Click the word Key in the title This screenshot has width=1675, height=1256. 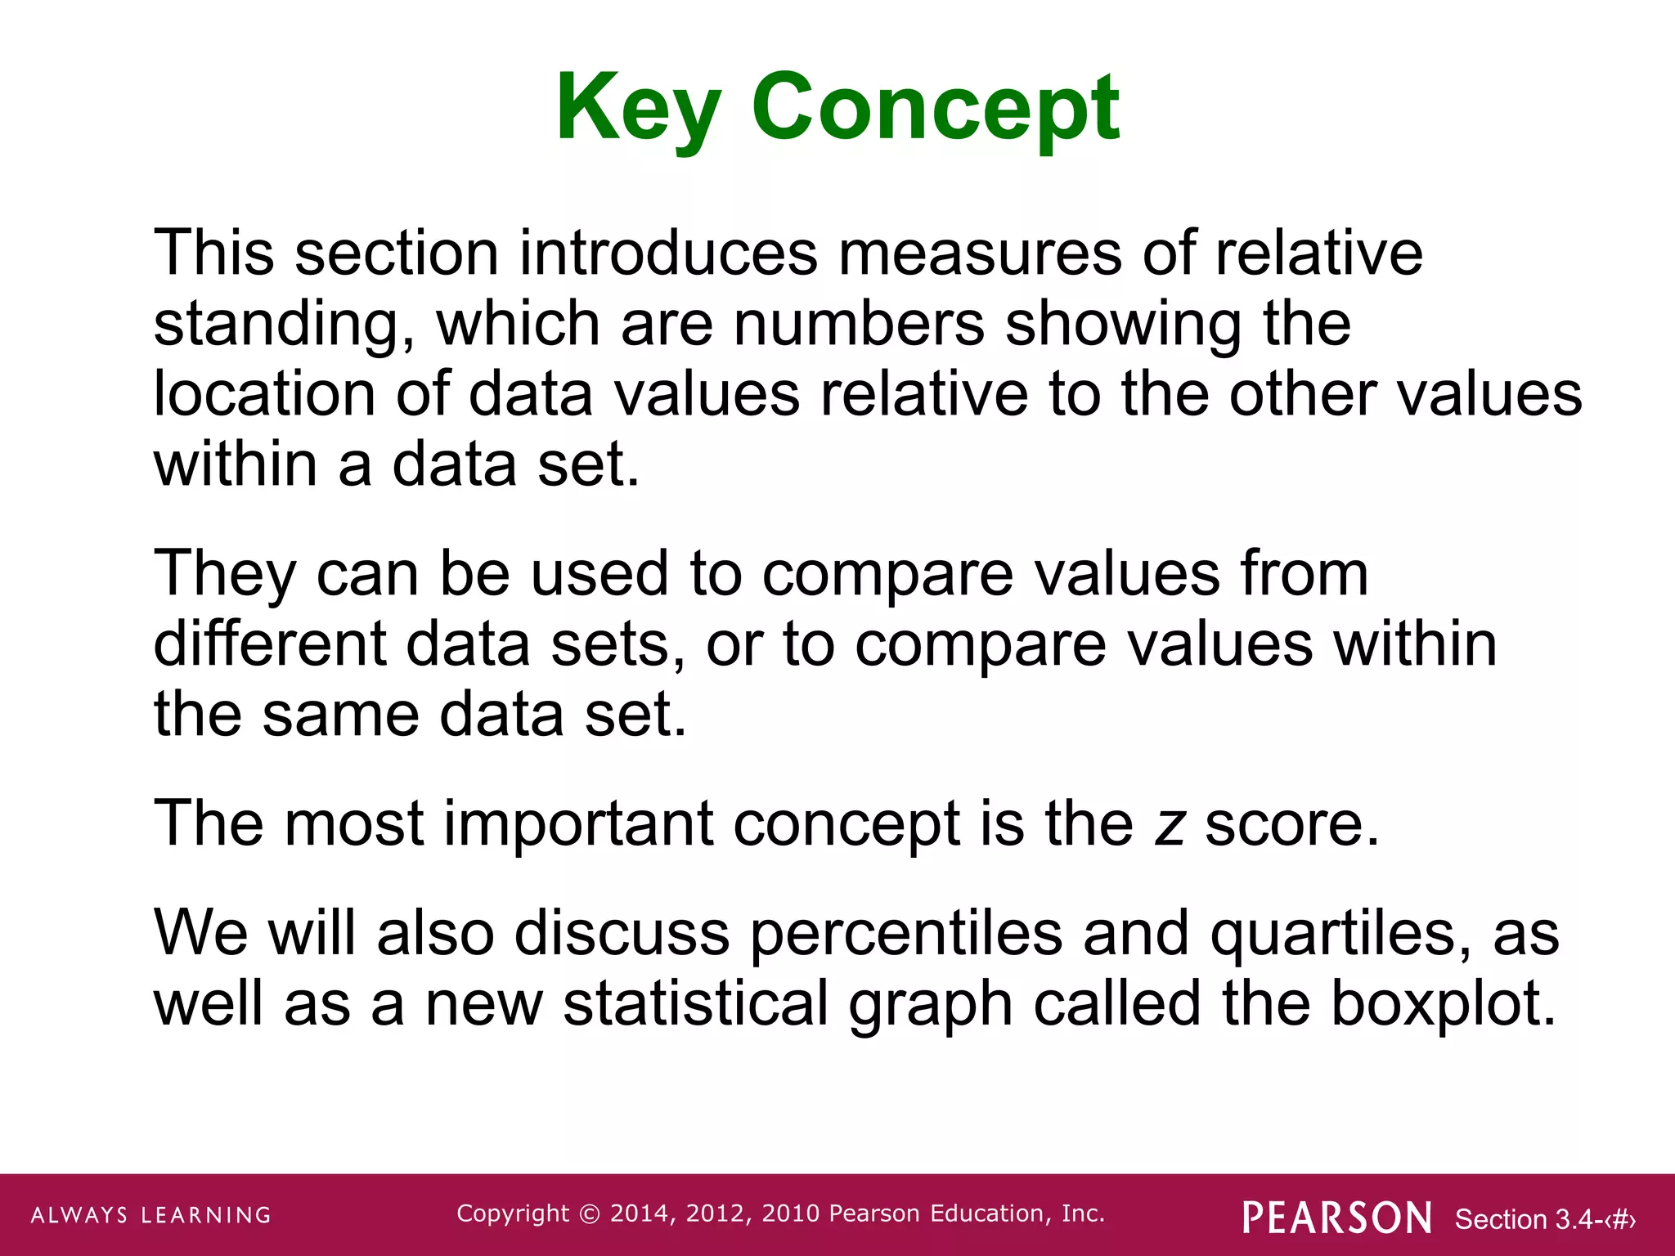pyautogui.click(x=638, y=108)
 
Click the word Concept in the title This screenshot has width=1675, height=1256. pyautogui.click(x=935, y=108)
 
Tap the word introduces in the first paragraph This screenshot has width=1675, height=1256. pyautogui.click(x=667, y=253)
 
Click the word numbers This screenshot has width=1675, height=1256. pyautogui.click(x=859, y=323)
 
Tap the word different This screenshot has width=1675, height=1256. pyautogui.click(x=269, y=644)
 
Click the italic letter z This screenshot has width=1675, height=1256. pyautogui.click(x=1170, y=824)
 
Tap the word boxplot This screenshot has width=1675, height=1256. pyautogui.click(x=1444, y=1004)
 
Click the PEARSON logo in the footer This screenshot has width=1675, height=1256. pyautogui.click(x=1337, y=1218)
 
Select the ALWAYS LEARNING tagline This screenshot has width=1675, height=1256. pyautogui.click(x=151, y=1215)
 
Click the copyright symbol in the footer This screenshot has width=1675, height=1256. pyautogui.click(x=589, y=1214)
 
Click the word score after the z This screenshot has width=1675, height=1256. pyautogui.click(x=1291, y=824)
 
